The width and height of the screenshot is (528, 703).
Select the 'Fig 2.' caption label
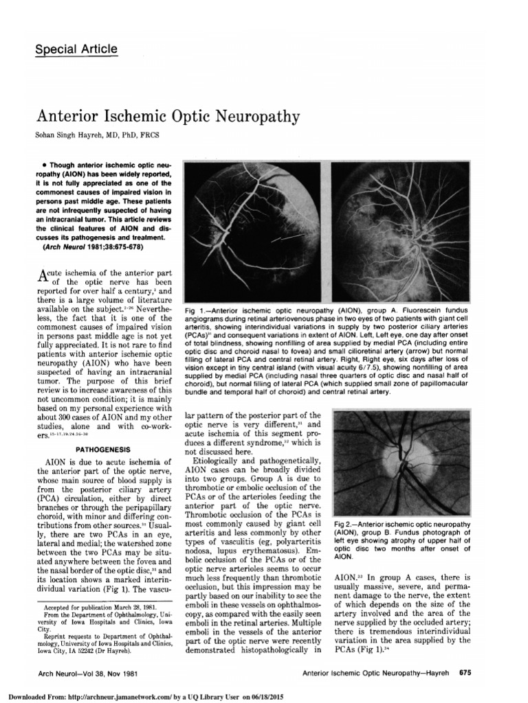pos(344,525)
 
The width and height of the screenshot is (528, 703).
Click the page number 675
pos(465,673)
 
